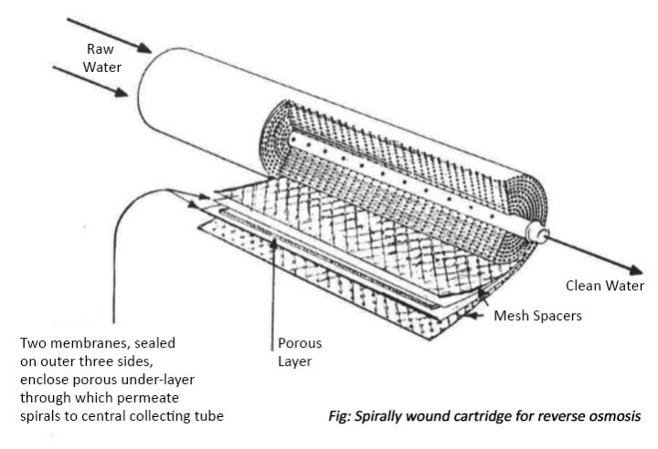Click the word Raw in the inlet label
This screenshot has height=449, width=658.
tap(101, 49)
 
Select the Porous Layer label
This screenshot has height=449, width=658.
tap(299, 353)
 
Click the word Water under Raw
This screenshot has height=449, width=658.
tap(101, 67)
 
